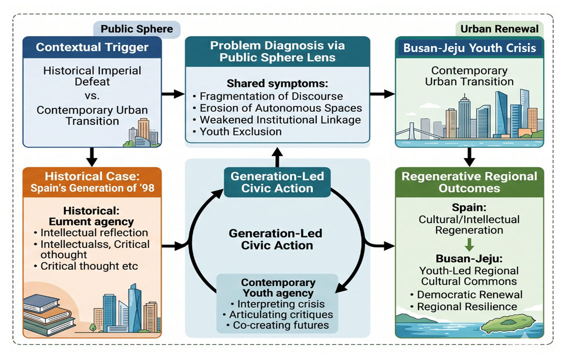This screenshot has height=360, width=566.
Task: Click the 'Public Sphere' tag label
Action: (x=137, y=29)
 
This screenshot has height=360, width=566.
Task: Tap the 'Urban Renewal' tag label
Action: (x=499, y=29)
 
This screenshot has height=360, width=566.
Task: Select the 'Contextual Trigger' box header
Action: (x=92, y=47)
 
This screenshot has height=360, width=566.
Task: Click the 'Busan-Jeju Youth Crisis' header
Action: (x=469, y=48)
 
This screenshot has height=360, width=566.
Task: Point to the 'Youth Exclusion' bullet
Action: (x=237, y=131)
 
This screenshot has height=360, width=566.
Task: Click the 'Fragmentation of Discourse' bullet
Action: (x=268, y=96)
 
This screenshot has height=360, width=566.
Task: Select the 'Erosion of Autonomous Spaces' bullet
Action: (x=277, y=108)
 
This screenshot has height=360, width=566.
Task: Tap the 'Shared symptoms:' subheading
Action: (x=277, y=83)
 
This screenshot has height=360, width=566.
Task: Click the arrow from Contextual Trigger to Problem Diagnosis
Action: (x=173, y=94)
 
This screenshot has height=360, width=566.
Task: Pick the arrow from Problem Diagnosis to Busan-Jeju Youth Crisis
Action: (x=382, y=94)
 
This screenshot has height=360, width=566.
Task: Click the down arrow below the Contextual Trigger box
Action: (x=92, y=157)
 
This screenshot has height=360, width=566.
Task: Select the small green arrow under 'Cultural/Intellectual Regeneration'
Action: (x=469, y=244)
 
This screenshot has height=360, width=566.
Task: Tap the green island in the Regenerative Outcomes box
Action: (x=509, y=323)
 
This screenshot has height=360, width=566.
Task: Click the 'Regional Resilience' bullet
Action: (x=464, y=306)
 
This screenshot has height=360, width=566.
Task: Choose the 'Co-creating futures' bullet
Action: (x=277, y=325)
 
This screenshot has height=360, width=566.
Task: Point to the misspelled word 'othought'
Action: (x=63, y=255)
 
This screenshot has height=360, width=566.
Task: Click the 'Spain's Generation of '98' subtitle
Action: (x=92, y=188)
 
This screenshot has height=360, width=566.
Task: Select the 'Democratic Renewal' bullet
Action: (x=467, y=294)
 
